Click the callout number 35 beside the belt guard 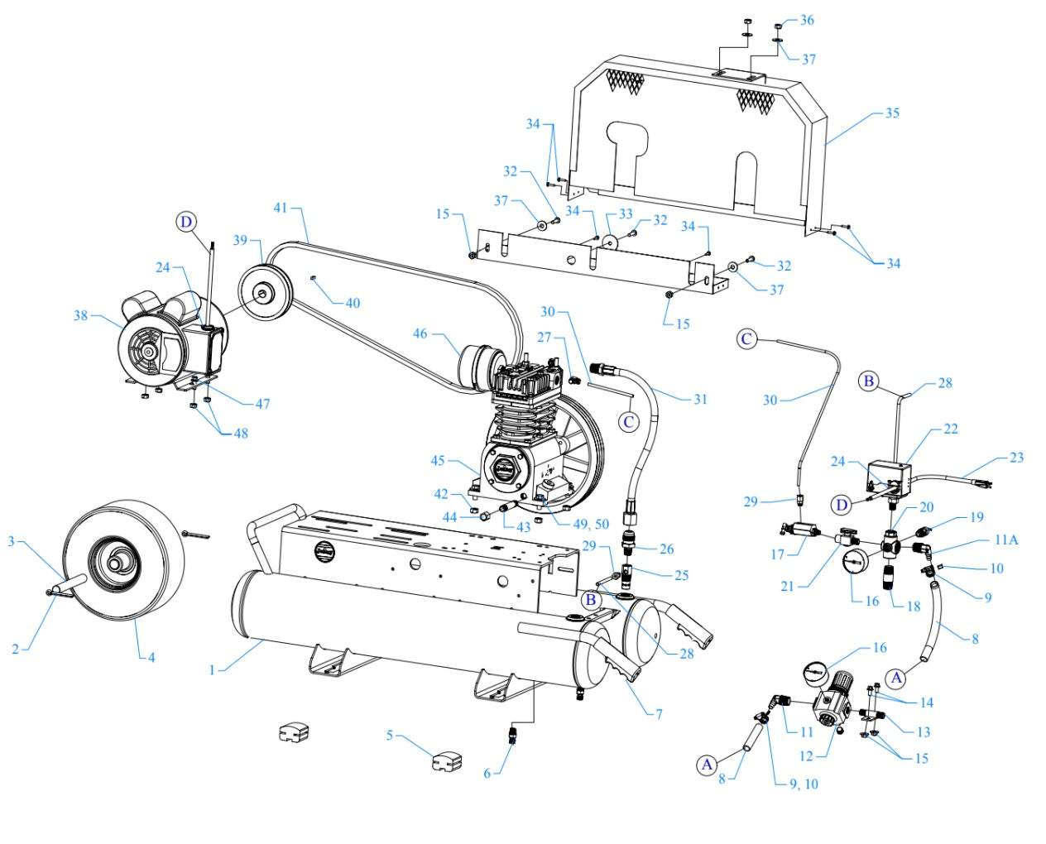tap(891, 113)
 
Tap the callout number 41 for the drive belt tap(281, 207)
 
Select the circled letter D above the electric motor tap(186, 222)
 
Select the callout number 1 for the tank tap(212, 669)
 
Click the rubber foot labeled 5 tap(447, 760)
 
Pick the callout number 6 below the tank tap(487, 773)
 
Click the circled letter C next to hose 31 tap(629, 422)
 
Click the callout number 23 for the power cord tap(1016, 458)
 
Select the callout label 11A tap(1005, 539)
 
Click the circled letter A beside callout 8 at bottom tap(706, 765)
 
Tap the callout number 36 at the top tap(807, 20)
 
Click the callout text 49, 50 tap(591, 525)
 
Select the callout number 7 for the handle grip tap(659, 713)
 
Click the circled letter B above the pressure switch tap(868, 381)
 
